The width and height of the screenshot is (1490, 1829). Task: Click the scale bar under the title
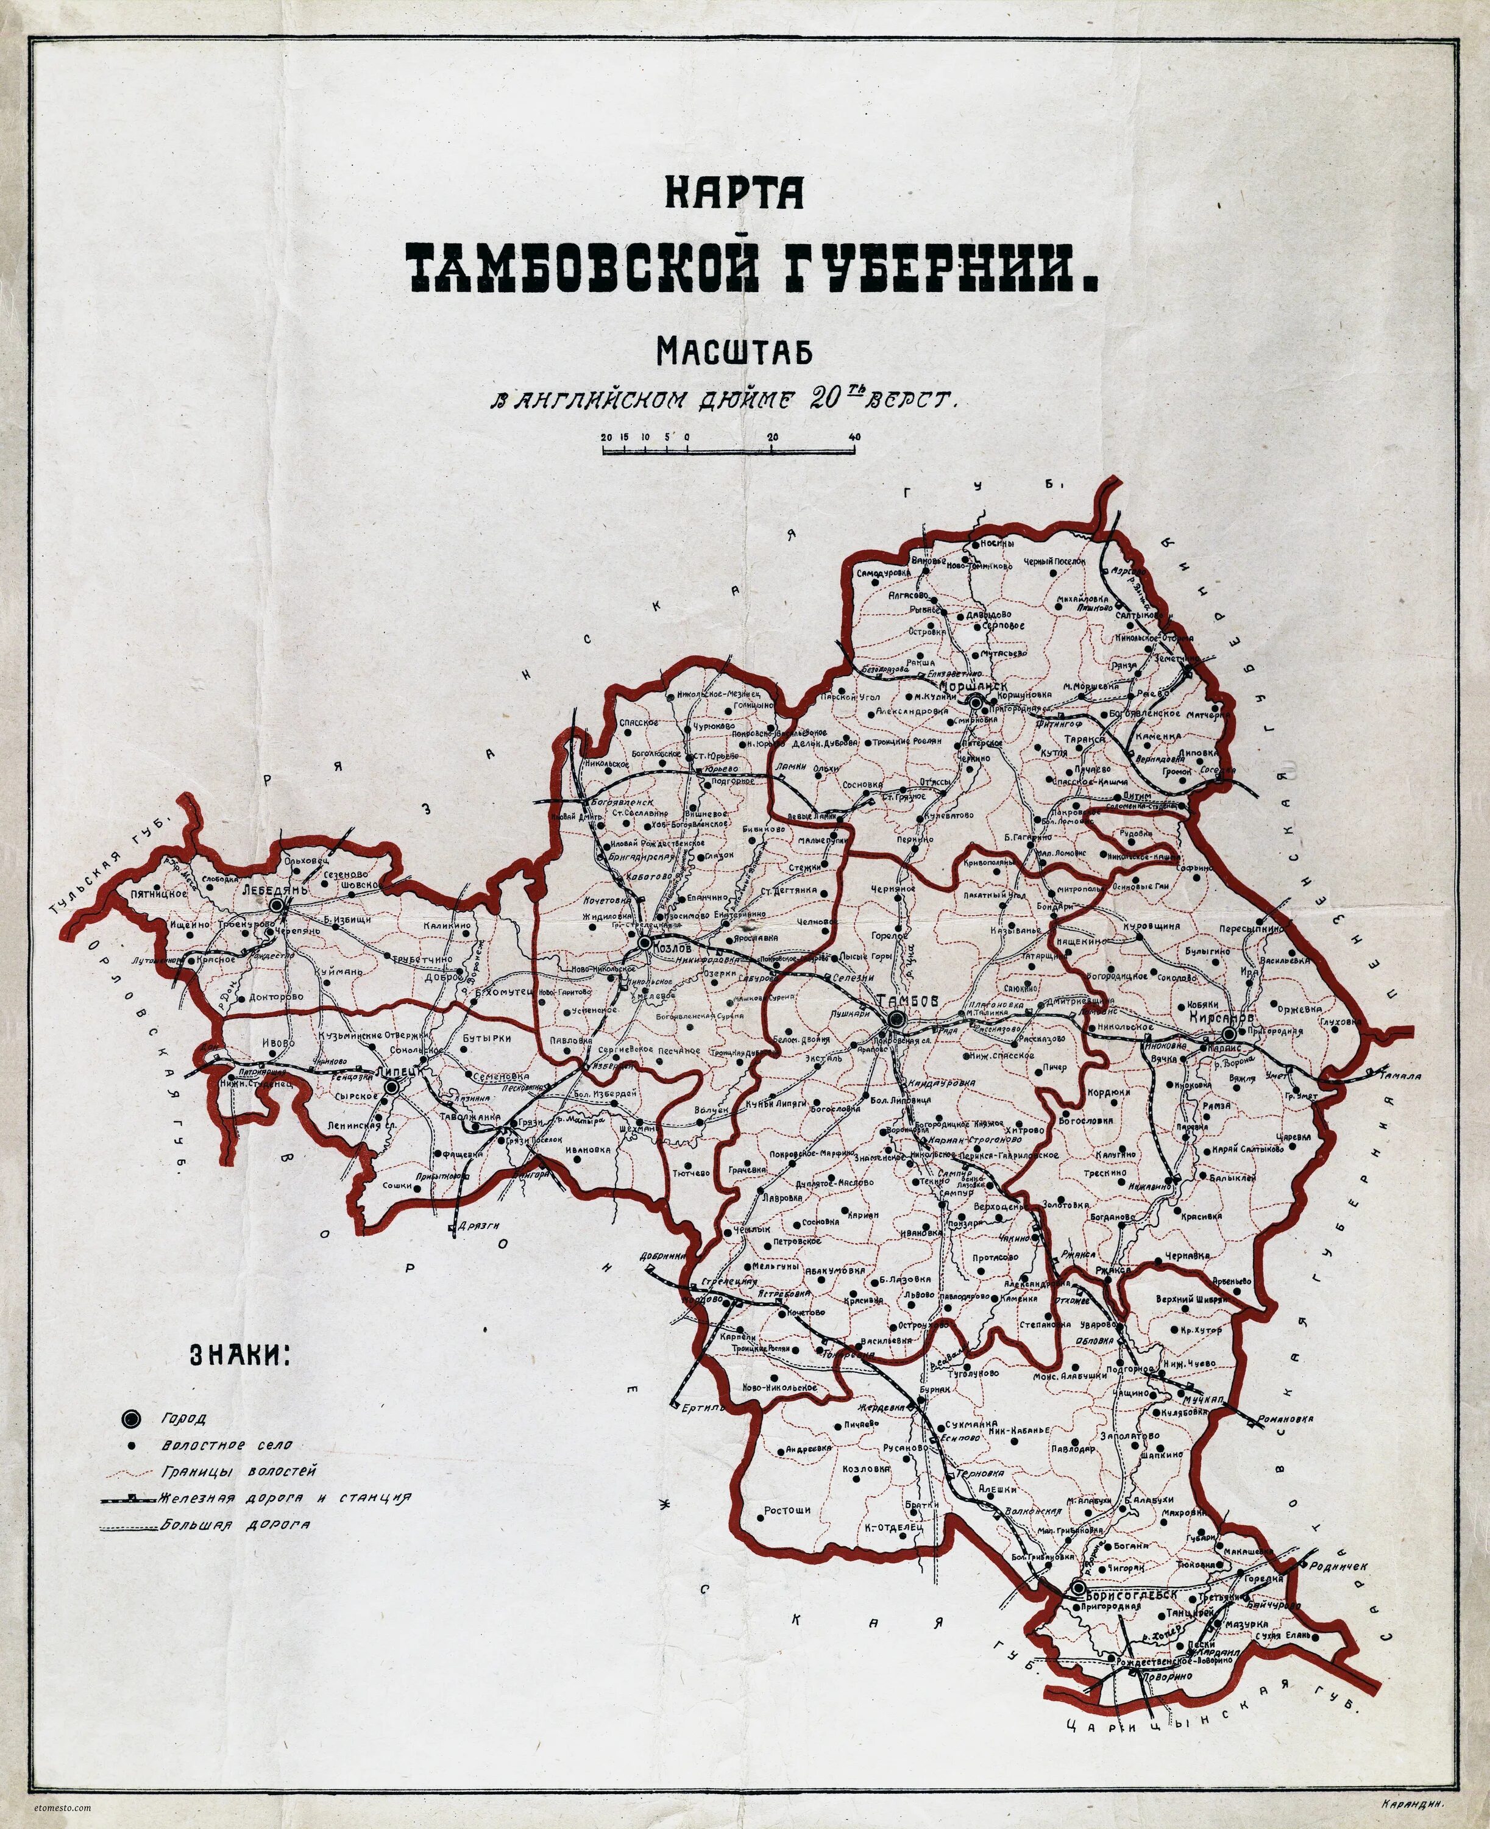[x=731, y=448]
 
